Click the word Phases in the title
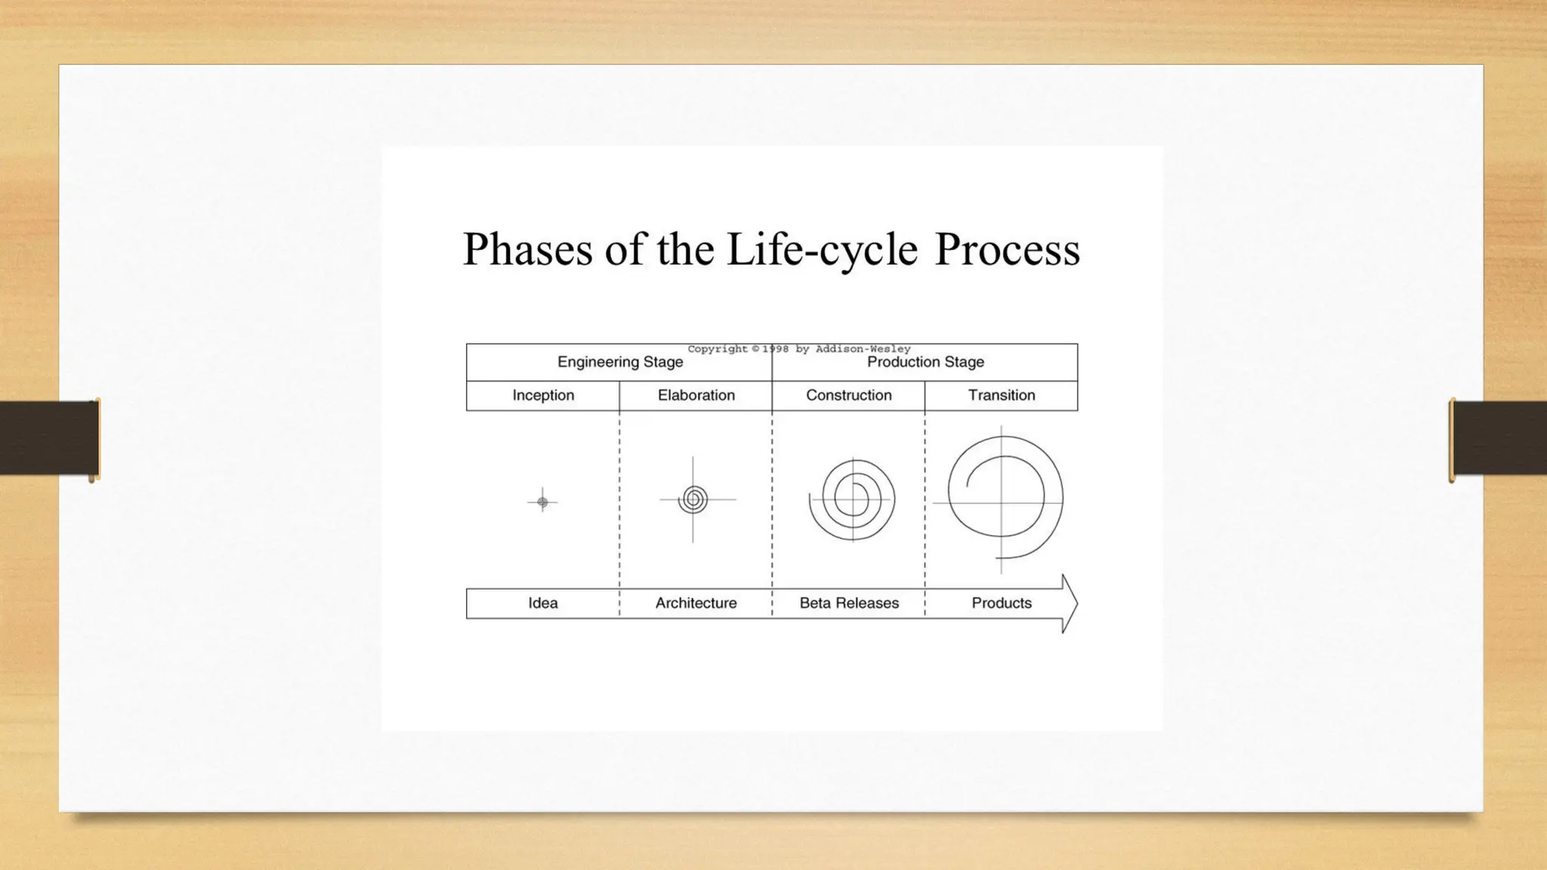click(527, 249)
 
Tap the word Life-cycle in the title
click(822, 249)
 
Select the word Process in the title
click(1007, 249)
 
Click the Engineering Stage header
click(620, 362)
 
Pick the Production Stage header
click(925, 362)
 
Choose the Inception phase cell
click(543, 396)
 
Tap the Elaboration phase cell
click(696, 396)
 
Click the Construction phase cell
click(848, 396)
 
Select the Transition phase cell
click(1002, 396)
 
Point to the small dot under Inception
click(542, 501)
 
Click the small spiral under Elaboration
click(693, 499)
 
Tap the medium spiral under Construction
click(853, 500)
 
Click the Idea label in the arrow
click(543, 603)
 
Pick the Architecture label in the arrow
click(696, 603)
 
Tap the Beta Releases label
click(849, 603)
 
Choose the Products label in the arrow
click(1002, 603)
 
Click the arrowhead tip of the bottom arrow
click(1076, 603)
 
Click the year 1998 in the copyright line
click(775, 349)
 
